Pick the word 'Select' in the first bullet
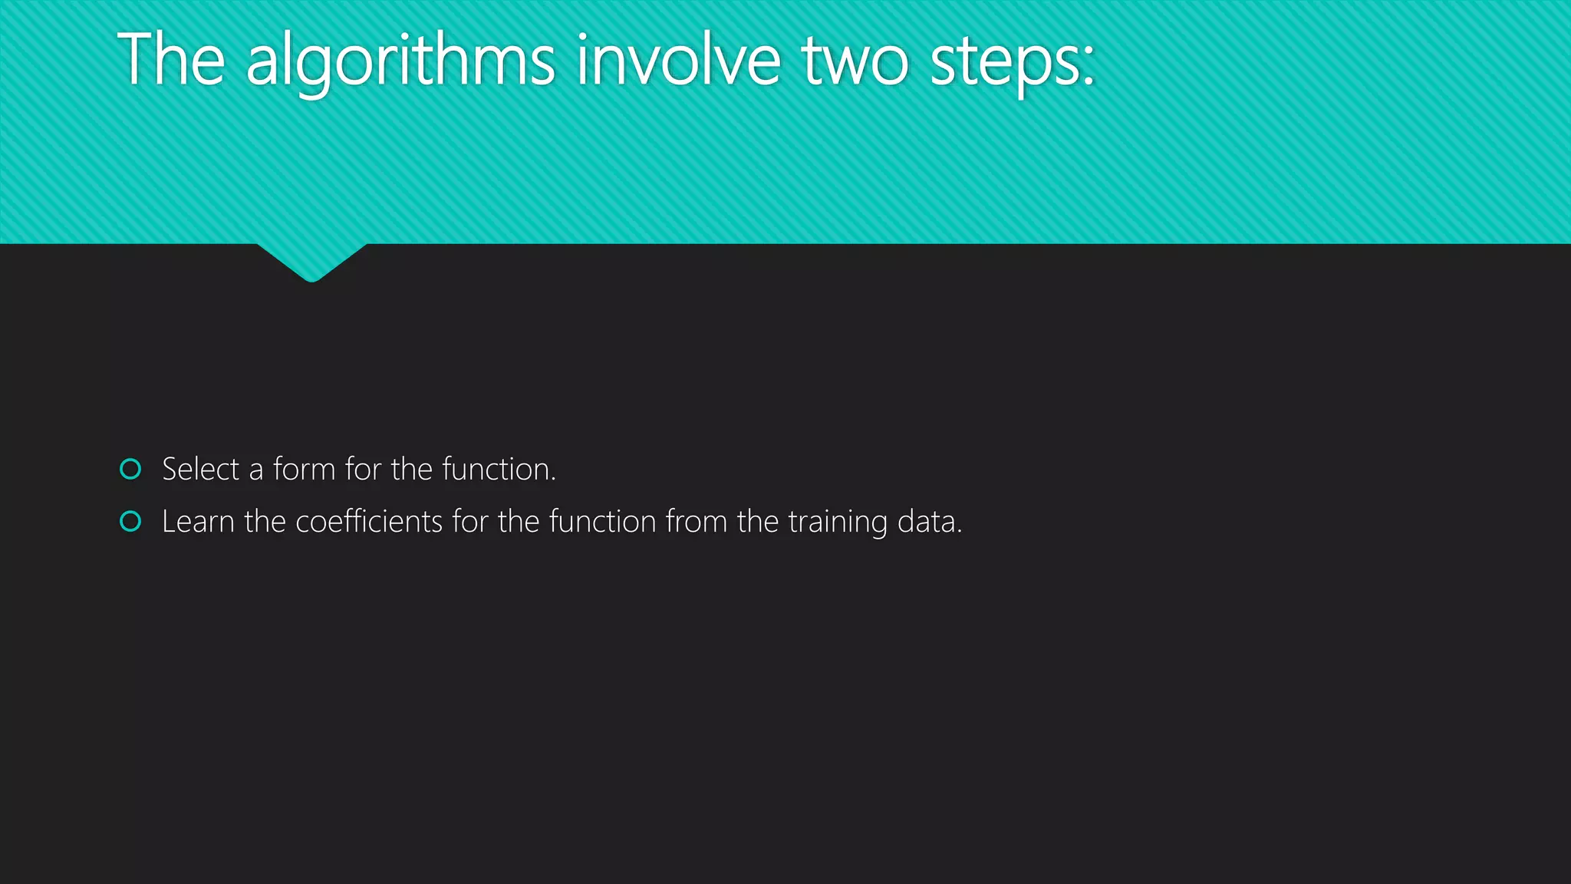[x=201, y=469]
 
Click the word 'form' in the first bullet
[x=304, y=469]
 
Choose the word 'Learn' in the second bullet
[x=198, y=522]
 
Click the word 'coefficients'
[x=369, y=522]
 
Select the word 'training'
[x=838, y=523]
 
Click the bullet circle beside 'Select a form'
[x=131, y=469]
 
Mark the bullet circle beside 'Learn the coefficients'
[x=131, y=522]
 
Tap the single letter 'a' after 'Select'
[x=256, y=470]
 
